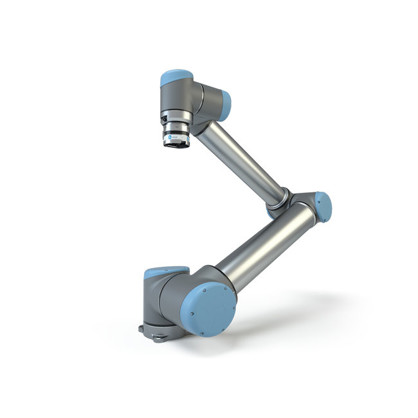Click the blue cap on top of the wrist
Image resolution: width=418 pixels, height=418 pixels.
[175, 75]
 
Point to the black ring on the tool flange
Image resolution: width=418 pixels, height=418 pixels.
[174, 144]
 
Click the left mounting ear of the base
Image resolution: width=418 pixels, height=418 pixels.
[141, 329]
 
